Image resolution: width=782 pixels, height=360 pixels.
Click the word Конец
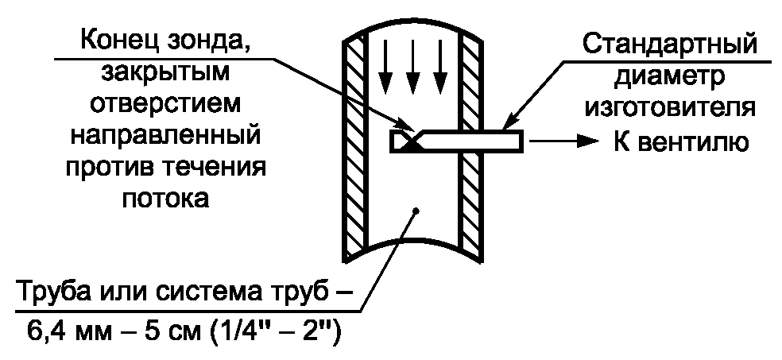pos(118,41)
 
